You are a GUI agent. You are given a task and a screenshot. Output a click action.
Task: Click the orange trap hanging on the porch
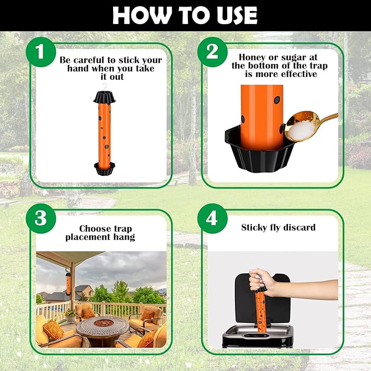pos(68,285)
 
